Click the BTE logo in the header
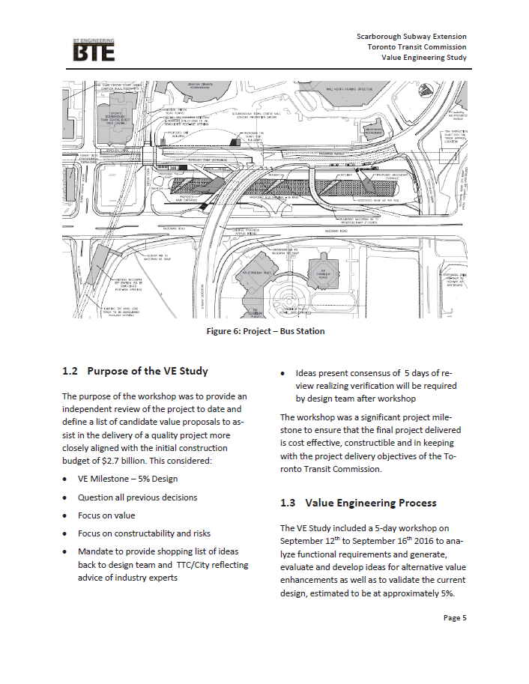pyautogui.click(x=94, y=50)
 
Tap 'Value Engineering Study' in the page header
pyautogui.click(x=423, y=58)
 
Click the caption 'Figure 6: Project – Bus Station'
pyautogui.click(x=265, y=331)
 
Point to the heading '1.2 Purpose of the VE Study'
pyautogui.click(x=135, y=371)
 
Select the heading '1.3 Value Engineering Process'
pyautogui.click(x=358, y=502)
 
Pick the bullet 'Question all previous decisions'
pyautogui.click(x=137, y=497)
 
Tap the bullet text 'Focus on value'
pyautogui.click(x=106, y=515)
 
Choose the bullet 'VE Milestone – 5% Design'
pyautogui.click(x=127, y=479)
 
